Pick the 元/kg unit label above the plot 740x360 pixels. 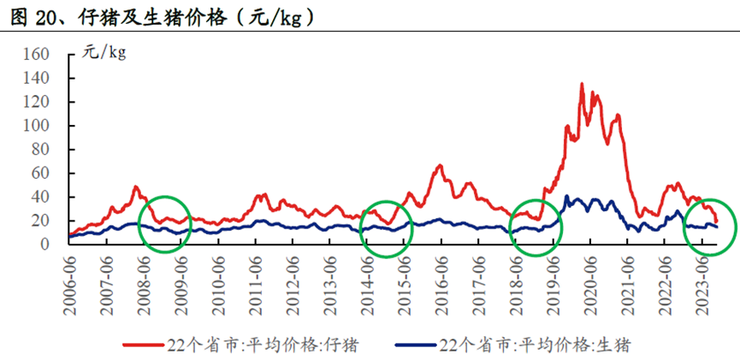(x=104, y=53)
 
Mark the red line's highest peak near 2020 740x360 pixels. (x=582, y=84)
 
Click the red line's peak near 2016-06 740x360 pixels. (x=440, y=166)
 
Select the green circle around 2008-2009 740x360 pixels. (x=163, y=225)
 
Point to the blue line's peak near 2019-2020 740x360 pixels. (x=566, y=197)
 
